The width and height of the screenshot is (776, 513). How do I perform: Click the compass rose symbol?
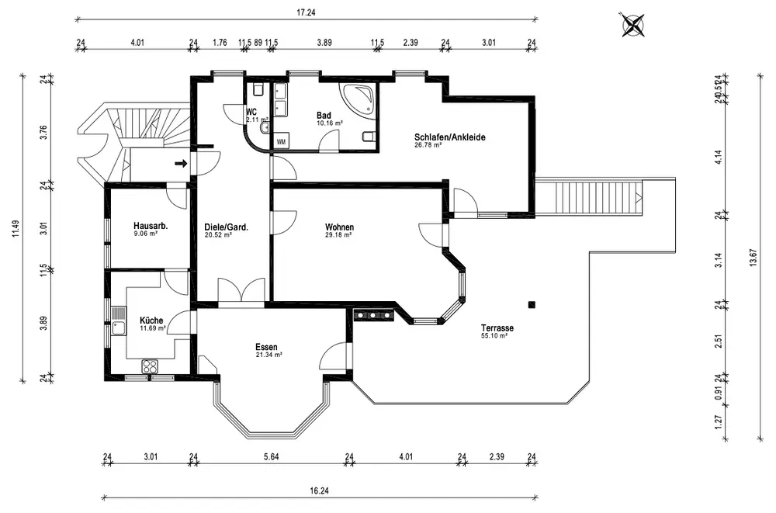click(x=633, y=25)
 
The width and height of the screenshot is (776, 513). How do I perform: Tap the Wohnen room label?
click(x=339, y=227)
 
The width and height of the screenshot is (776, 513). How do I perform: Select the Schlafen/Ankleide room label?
click(x=449, y=137)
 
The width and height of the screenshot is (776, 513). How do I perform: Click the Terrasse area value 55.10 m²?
click(x=494, y=336)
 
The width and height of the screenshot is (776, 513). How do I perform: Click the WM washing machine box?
click(x=281, y=141)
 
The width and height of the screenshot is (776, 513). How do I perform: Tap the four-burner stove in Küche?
click(x=150, y=366)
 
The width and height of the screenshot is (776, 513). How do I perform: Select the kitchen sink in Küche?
click(x=119, y=321)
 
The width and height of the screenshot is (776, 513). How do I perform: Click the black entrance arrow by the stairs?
click(x=181, y=163)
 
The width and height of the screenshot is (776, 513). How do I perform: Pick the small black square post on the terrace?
click(x=532, y=305)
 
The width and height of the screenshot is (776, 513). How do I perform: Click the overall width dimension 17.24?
click(x=306, y=13)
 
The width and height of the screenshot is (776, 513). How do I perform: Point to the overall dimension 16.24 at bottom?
click(x=319, y=490)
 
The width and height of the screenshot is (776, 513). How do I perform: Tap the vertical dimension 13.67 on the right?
click(x=753, y=257)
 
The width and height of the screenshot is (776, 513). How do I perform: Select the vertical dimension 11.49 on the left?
click(x=16, y=229)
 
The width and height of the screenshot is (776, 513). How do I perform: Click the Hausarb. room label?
click(x=151, y=227)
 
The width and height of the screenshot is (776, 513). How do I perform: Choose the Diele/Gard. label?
click(x=226, y=227)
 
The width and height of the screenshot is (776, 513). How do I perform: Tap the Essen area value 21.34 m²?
click(x=268, y=355)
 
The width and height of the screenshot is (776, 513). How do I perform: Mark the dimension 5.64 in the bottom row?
click(x=271, y=456)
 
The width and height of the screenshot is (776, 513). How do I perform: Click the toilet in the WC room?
click(x=258, y=89)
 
